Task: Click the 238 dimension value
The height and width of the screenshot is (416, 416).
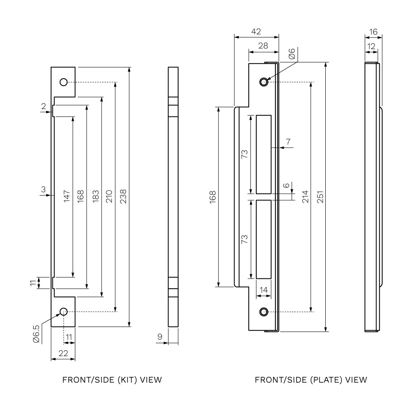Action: pos(123,196)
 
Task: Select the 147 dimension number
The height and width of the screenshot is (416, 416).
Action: pos(67,196)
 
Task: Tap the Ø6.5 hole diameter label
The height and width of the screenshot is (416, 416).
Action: pos(36,334)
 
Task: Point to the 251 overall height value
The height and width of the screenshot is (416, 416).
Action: pos(320,197)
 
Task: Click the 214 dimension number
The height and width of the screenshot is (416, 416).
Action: pos(305,197)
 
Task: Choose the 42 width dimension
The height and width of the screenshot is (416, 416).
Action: pos(256,32)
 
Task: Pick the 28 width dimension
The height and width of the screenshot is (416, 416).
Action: pos(263,46)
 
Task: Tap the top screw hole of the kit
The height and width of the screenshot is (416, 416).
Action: pos(64,82)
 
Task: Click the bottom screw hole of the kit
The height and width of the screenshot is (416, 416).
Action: pos(64,312)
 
